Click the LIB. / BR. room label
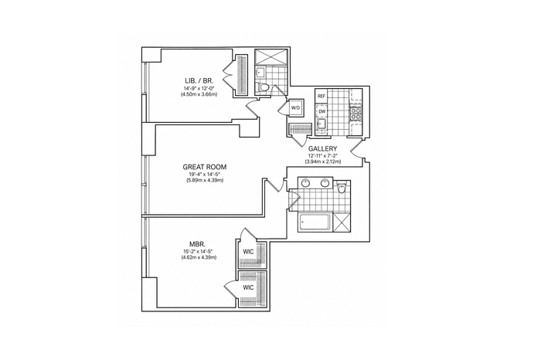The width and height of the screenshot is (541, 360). pyautogui.click(x=199, y=81)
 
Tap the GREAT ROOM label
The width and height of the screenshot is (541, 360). pyautogui.click(x=205, y=167)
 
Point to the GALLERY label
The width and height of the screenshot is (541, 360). pyautogui.click(x=322, y=148)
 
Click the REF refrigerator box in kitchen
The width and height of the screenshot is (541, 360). pyautogui.click(x=322, y=97)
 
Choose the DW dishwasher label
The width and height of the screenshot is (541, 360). pyautogui.click(x=322, y=112)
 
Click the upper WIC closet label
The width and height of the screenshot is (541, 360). pyautogui.click(x=248, y=252)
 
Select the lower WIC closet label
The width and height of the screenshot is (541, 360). pyautogui.click(x=248, y=287)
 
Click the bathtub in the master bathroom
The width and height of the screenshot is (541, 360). pyautogui.click(x=315, y=222)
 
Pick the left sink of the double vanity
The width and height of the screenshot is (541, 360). pyautogui.click(x=305, y=183)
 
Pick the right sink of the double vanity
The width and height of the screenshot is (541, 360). pyautogui.click(x=325, y=183)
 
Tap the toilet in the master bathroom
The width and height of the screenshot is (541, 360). pyautogui.click(x=342, y=188)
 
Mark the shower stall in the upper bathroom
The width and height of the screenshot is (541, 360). pyautogui.click(x=270, y=57)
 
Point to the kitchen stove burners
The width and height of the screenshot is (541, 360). pyautogui.click(x=356, y=114)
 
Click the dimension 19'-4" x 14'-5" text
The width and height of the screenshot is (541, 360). pyautogui.click(x=205, y=174)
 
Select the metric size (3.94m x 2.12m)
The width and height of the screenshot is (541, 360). pyautogui.click(x=322, y=161)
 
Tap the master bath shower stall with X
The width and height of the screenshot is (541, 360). pyautogui.click(x=342, y=222)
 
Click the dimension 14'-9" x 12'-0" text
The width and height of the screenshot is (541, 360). pyautogui.click(x=199, y=89)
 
